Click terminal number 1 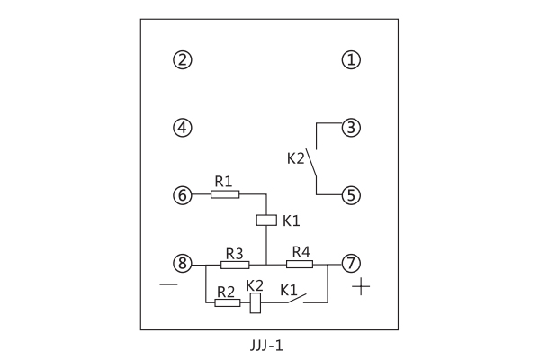(x=351, y=60)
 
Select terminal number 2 (x=183, y=60)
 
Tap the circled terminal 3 (x=351, y=128)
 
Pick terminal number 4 (x=183, y=128)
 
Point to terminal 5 (x=351, y=194)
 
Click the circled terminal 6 (x=183, y=194)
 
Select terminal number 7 (x=351, y=264)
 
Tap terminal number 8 (x=183, y=264)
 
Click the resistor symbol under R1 (x=225, y=193)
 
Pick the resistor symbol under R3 (x=235, y=264)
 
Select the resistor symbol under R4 (x=299, y=264)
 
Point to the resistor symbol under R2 (x=228, y=302)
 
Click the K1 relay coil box (x=266, y=220)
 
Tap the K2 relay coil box (x=255, y=302)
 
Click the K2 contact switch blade (x=312, y=164)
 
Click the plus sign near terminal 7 (x=361, y=288)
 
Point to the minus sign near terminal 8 (x=168, y=284)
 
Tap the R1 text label (x=223, y=181)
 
